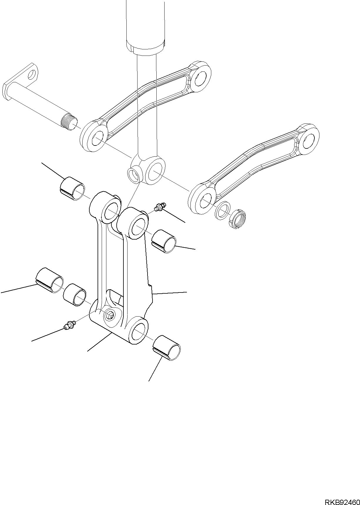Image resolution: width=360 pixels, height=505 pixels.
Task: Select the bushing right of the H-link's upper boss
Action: [163, 241]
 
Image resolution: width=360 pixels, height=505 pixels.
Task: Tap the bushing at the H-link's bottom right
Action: [167, 348]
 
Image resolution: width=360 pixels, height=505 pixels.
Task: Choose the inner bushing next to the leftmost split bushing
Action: [75, 295]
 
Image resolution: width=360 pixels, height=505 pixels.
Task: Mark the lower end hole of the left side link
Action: [97, 138]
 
